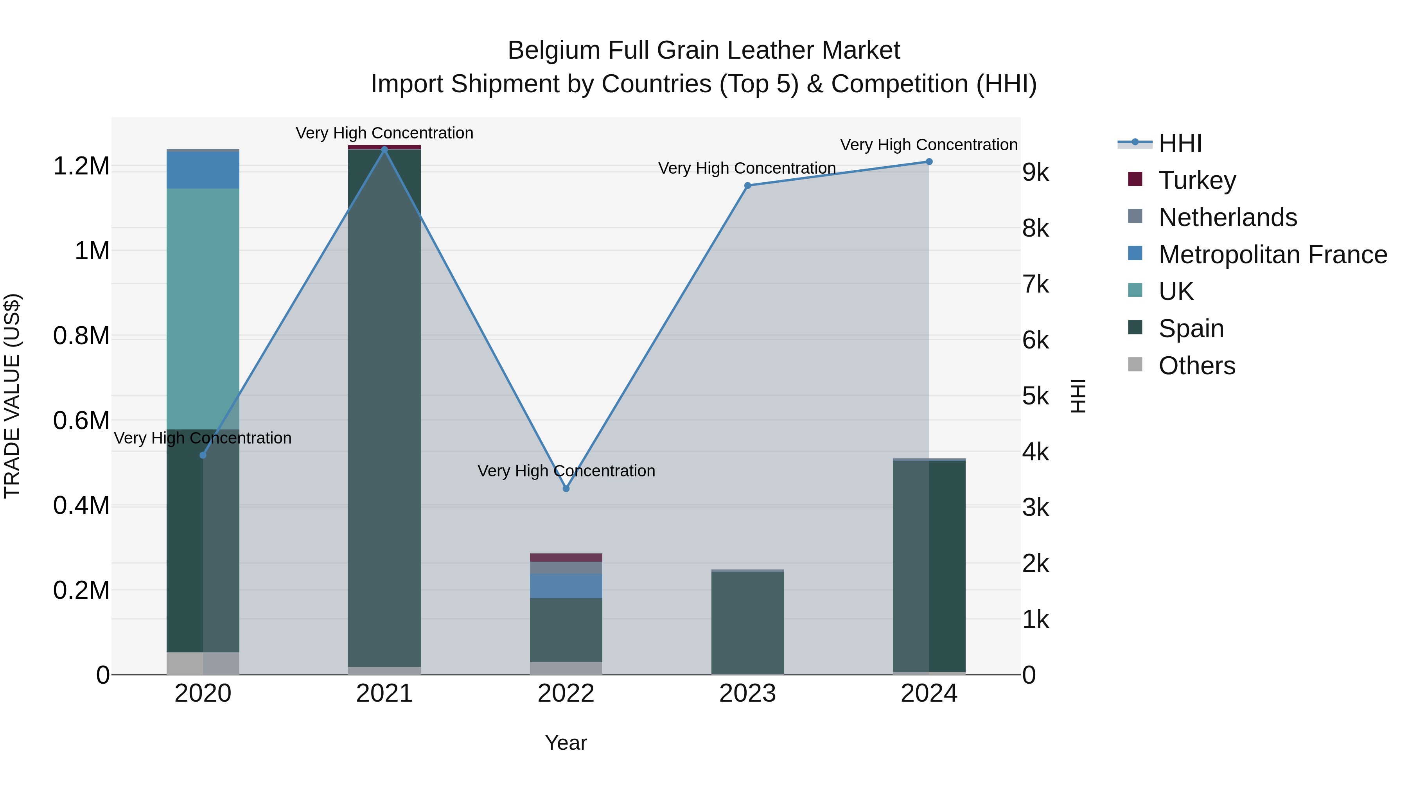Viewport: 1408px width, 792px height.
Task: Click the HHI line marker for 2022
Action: click(x=566, y=488)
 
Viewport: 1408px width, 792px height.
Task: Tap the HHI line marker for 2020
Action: click(x=203, y=455)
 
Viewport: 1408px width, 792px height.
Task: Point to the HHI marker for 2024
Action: click(x=928, y=162)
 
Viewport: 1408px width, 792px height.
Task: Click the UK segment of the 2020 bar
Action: click(x=203, y=309)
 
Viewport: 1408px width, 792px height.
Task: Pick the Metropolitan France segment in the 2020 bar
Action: click(x=203, y=170)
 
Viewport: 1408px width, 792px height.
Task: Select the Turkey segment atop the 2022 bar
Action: click(x=566, y=557)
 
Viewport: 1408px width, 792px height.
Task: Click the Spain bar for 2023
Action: click(x=747, y=623)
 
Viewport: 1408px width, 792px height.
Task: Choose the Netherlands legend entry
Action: click(x=1227, y=217)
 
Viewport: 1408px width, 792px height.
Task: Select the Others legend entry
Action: click(x=1196, y=366)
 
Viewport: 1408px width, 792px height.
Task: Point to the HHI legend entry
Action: click(x=1180, y=143)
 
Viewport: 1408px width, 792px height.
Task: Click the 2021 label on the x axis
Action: click(x=384, y=693)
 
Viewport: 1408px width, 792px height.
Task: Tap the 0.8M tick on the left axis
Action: click(x=81, y=336)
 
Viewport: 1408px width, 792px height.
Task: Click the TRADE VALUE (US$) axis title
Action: click(x=12, y=396)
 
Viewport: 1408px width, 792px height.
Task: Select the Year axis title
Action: click(x=566, y=743)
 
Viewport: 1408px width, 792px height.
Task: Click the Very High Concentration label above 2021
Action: click(x=384, y=133)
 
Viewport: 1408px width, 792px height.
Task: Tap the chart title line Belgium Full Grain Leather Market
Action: click(x=704, y=50)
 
